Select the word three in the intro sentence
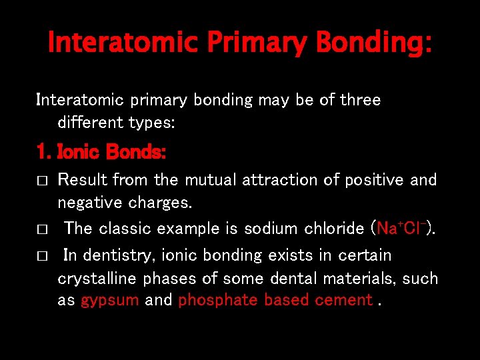359,100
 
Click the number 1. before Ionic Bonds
44,153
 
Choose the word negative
85,203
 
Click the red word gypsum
109,301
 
